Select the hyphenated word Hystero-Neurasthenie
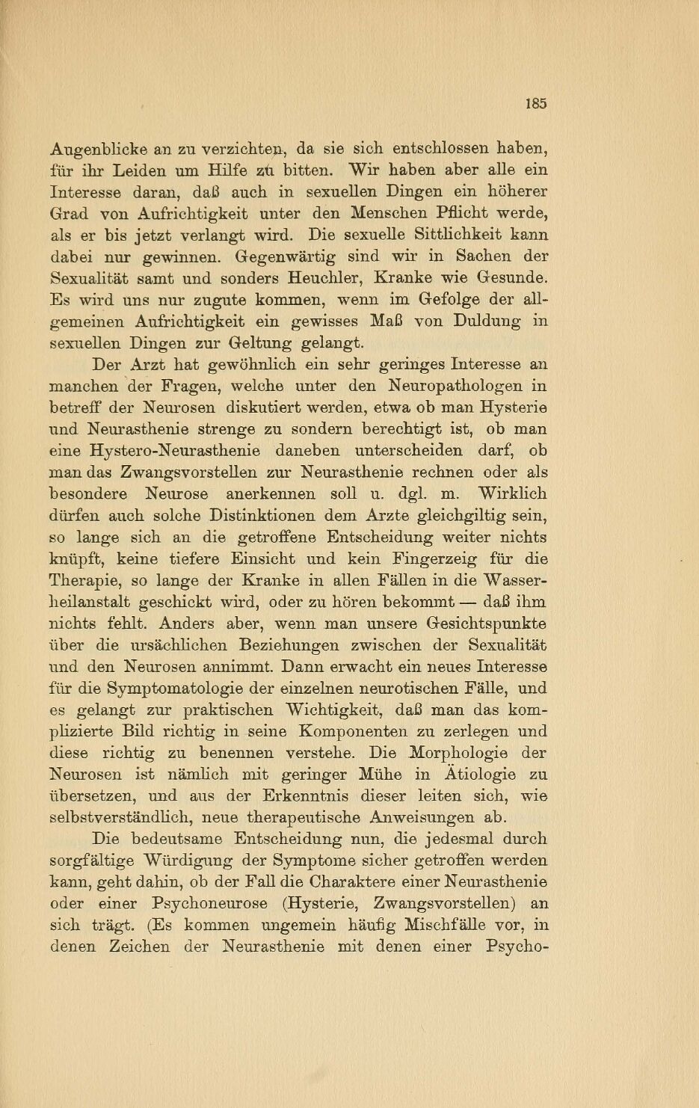tap(175, 451)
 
